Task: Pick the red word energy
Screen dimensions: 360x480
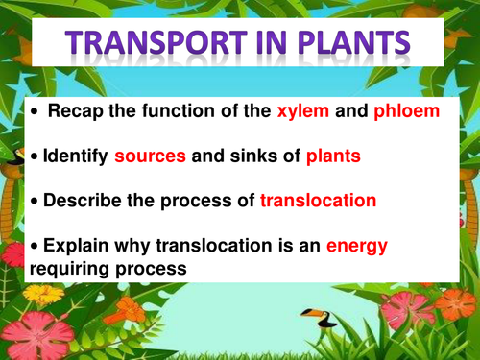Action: click(356, 247)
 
